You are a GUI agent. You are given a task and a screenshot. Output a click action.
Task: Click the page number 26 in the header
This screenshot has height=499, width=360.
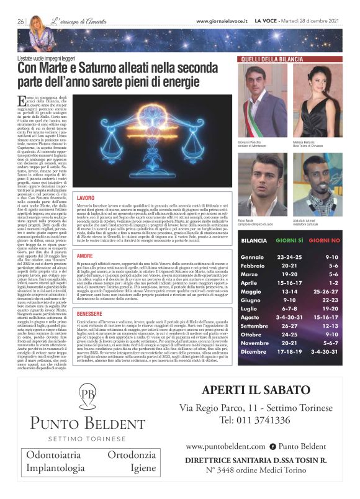click(x=20, y=21)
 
